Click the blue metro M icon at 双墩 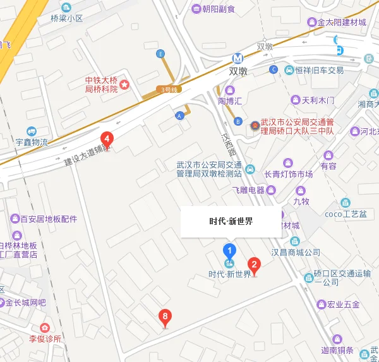pyautogui.click(x=238, y=58)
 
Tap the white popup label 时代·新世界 pyautogui.click(x=231, y=222)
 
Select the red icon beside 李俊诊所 pyautogui.click(x=44, y=328)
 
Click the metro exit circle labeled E pyautogui.click(x=160, y=53)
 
